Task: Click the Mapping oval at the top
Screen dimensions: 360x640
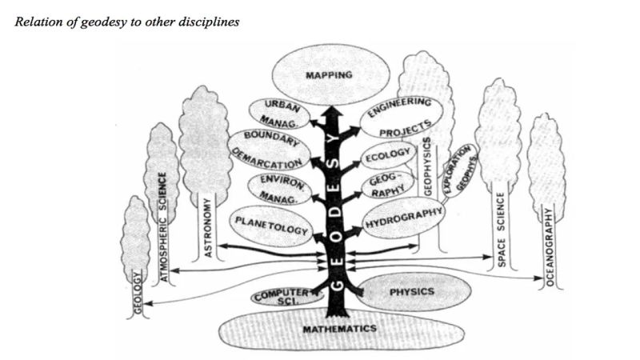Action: [329, 76]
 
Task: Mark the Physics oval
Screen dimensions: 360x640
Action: [412, 292]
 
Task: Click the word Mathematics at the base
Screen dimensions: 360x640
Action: [329, 329]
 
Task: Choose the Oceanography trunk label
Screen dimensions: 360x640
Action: [549, 246]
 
